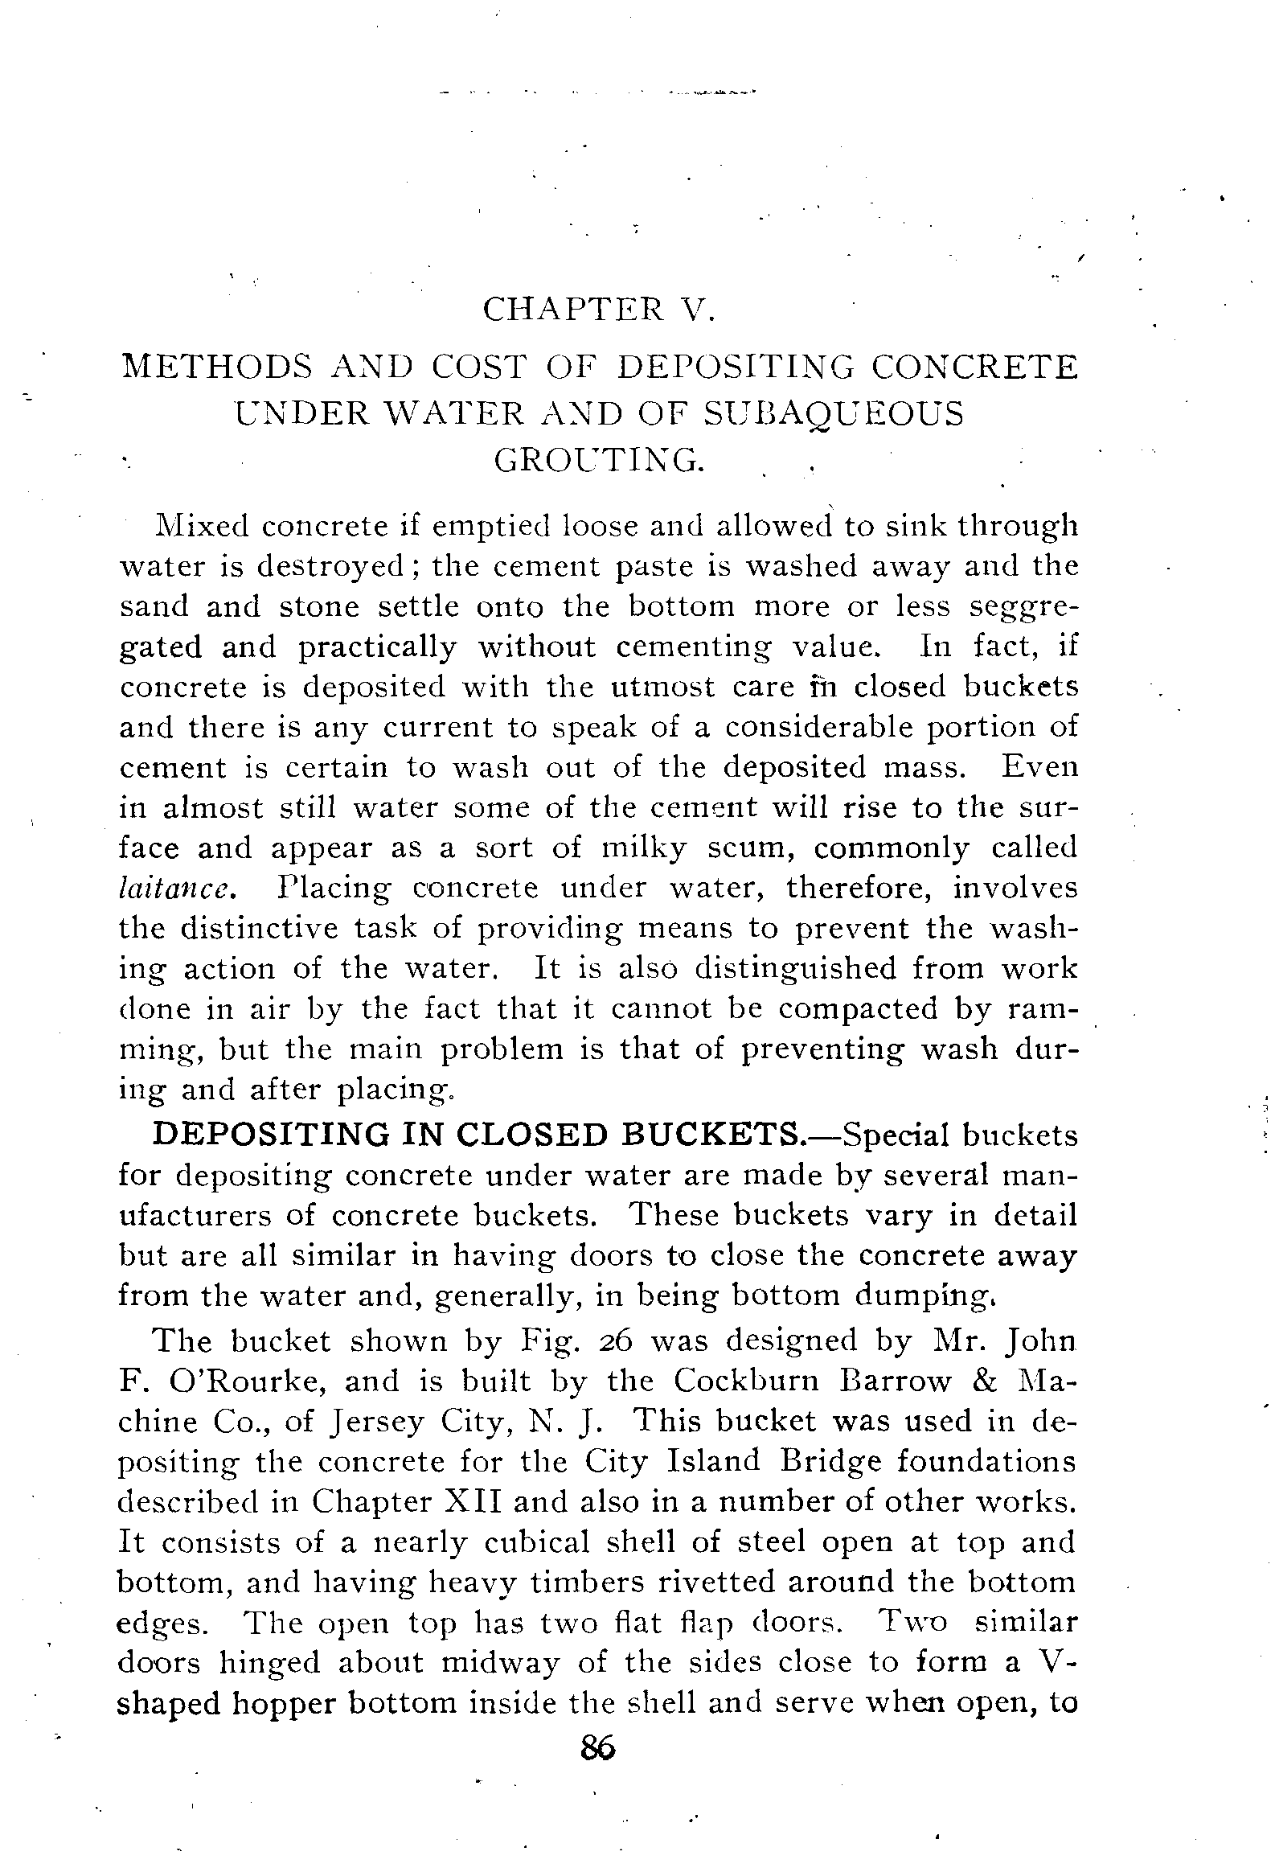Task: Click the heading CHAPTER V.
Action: [597, 310]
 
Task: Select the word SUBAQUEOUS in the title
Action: [833, 413]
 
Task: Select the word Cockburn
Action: [747, 1381]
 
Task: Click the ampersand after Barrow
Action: [979, 1381]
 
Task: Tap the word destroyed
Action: [330, 566]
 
